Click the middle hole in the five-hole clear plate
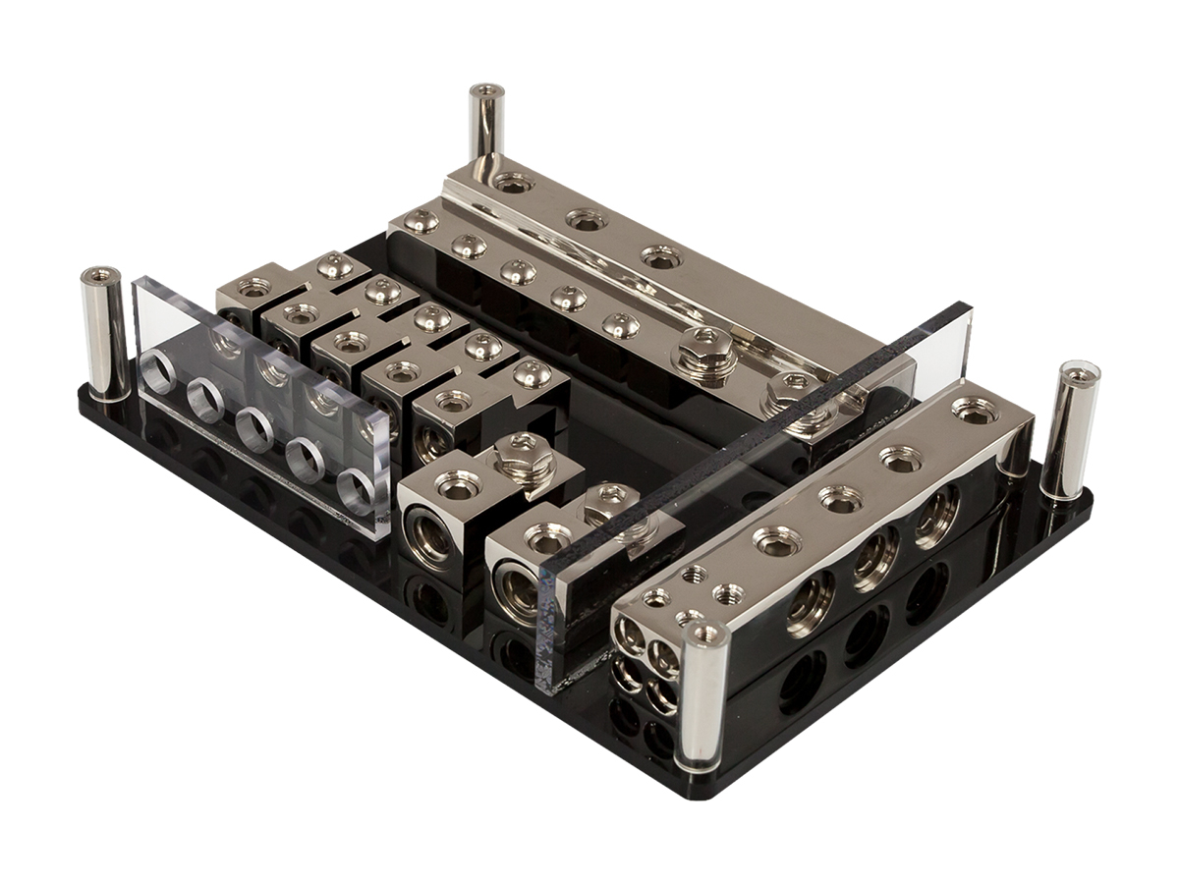point(254,428)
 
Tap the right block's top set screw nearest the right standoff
point(974,412)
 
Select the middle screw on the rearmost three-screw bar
point(586,221)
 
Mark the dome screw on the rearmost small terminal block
point(335,264)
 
